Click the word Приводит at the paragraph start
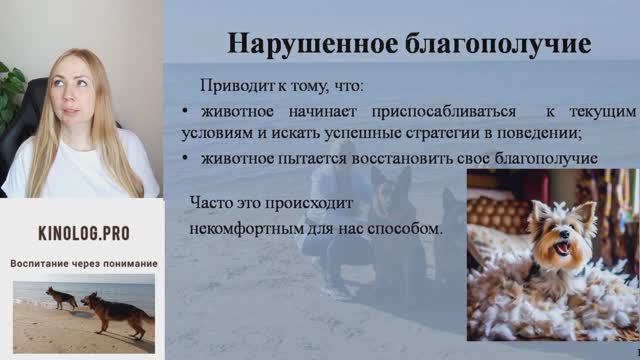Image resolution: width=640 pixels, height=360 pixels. [x=231, y=86]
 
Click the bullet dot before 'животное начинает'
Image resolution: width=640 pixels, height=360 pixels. [x=187, y=111]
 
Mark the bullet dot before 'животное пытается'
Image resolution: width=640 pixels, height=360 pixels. [x=187, y=159]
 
